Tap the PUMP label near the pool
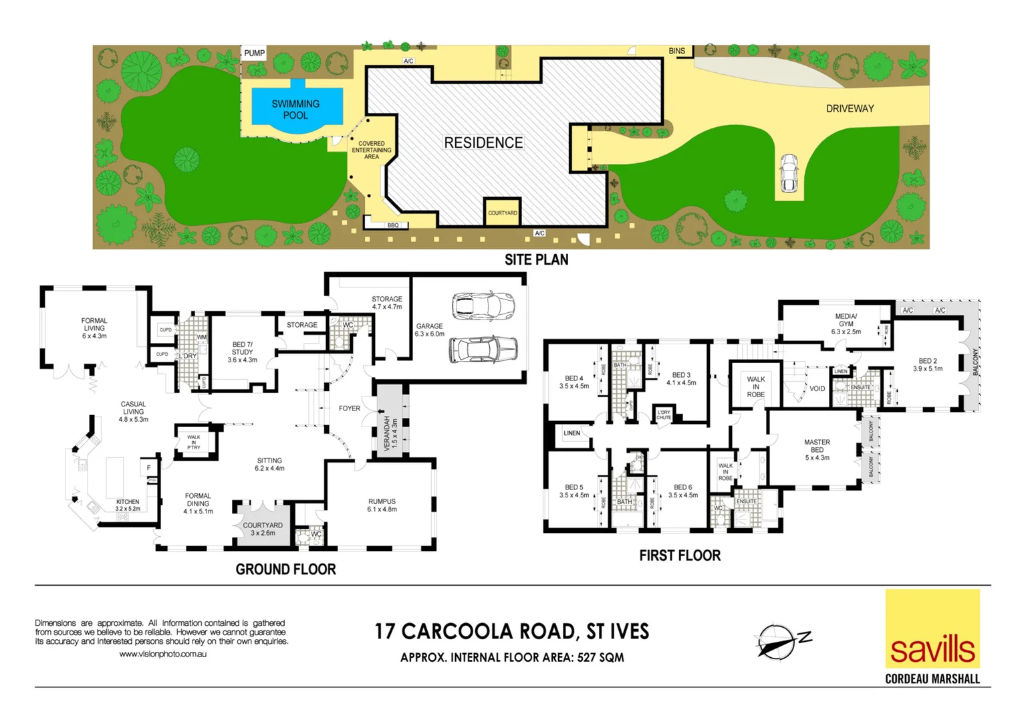(254, 53)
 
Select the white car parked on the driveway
(789, 173)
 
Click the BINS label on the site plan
(676, 51)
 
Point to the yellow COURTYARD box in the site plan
(502, 212)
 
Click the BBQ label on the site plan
(393, 225)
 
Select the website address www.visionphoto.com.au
(162, 654)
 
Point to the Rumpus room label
(382, 505)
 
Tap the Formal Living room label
(94, 328)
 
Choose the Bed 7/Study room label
(242, 352)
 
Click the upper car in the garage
(483, 307)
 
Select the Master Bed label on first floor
(817, 450)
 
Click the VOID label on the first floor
(817, 388)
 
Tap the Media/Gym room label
(846, 324)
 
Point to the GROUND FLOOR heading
(285, 570)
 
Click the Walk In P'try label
(193, 442)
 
